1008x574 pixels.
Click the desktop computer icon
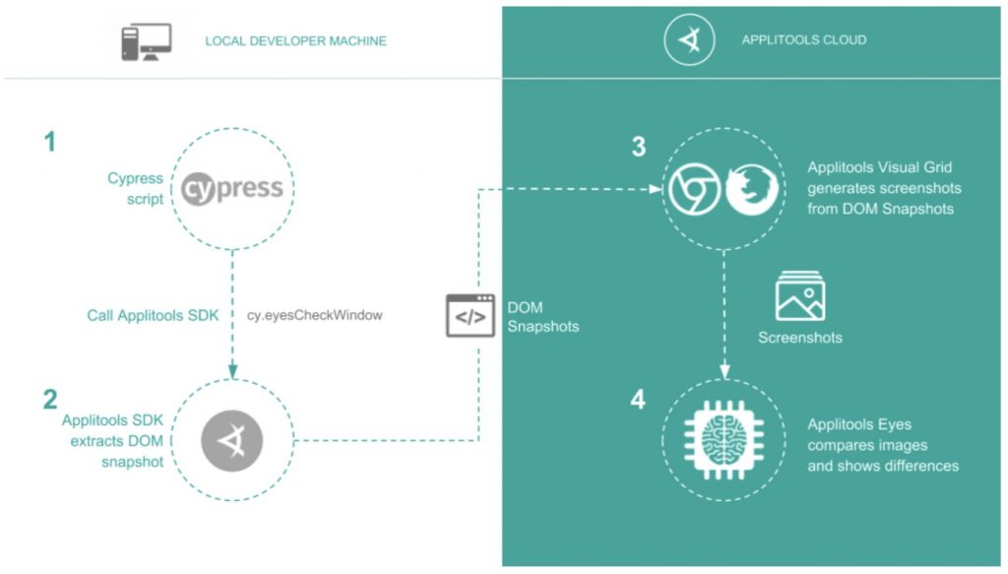(146, 42)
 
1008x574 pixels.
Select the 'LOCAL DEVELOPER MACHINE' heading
(295, 41)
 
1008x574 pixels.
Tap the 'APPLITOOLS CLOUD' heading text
(803, 40)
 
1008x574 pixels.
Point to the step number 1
(49, 143)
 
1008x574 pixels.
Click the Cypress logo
(232, 187)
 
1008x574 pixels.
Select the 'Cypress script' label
(135, 189)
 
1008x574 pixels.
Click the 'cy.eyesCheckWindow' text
(313, 315)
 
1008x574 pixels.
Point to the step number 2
(49, 400)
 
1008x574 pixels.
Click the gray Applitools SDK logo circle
(232, 439)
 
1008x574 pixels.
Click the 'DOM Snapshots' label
(542, 315)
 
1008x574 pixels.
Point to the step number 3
(639, 148)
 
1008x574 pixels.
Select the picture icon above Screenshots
(799, 296)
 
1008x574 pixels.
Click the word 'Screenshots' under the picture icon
(799, 338)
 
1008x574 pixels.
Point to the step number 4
(639, 401)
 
